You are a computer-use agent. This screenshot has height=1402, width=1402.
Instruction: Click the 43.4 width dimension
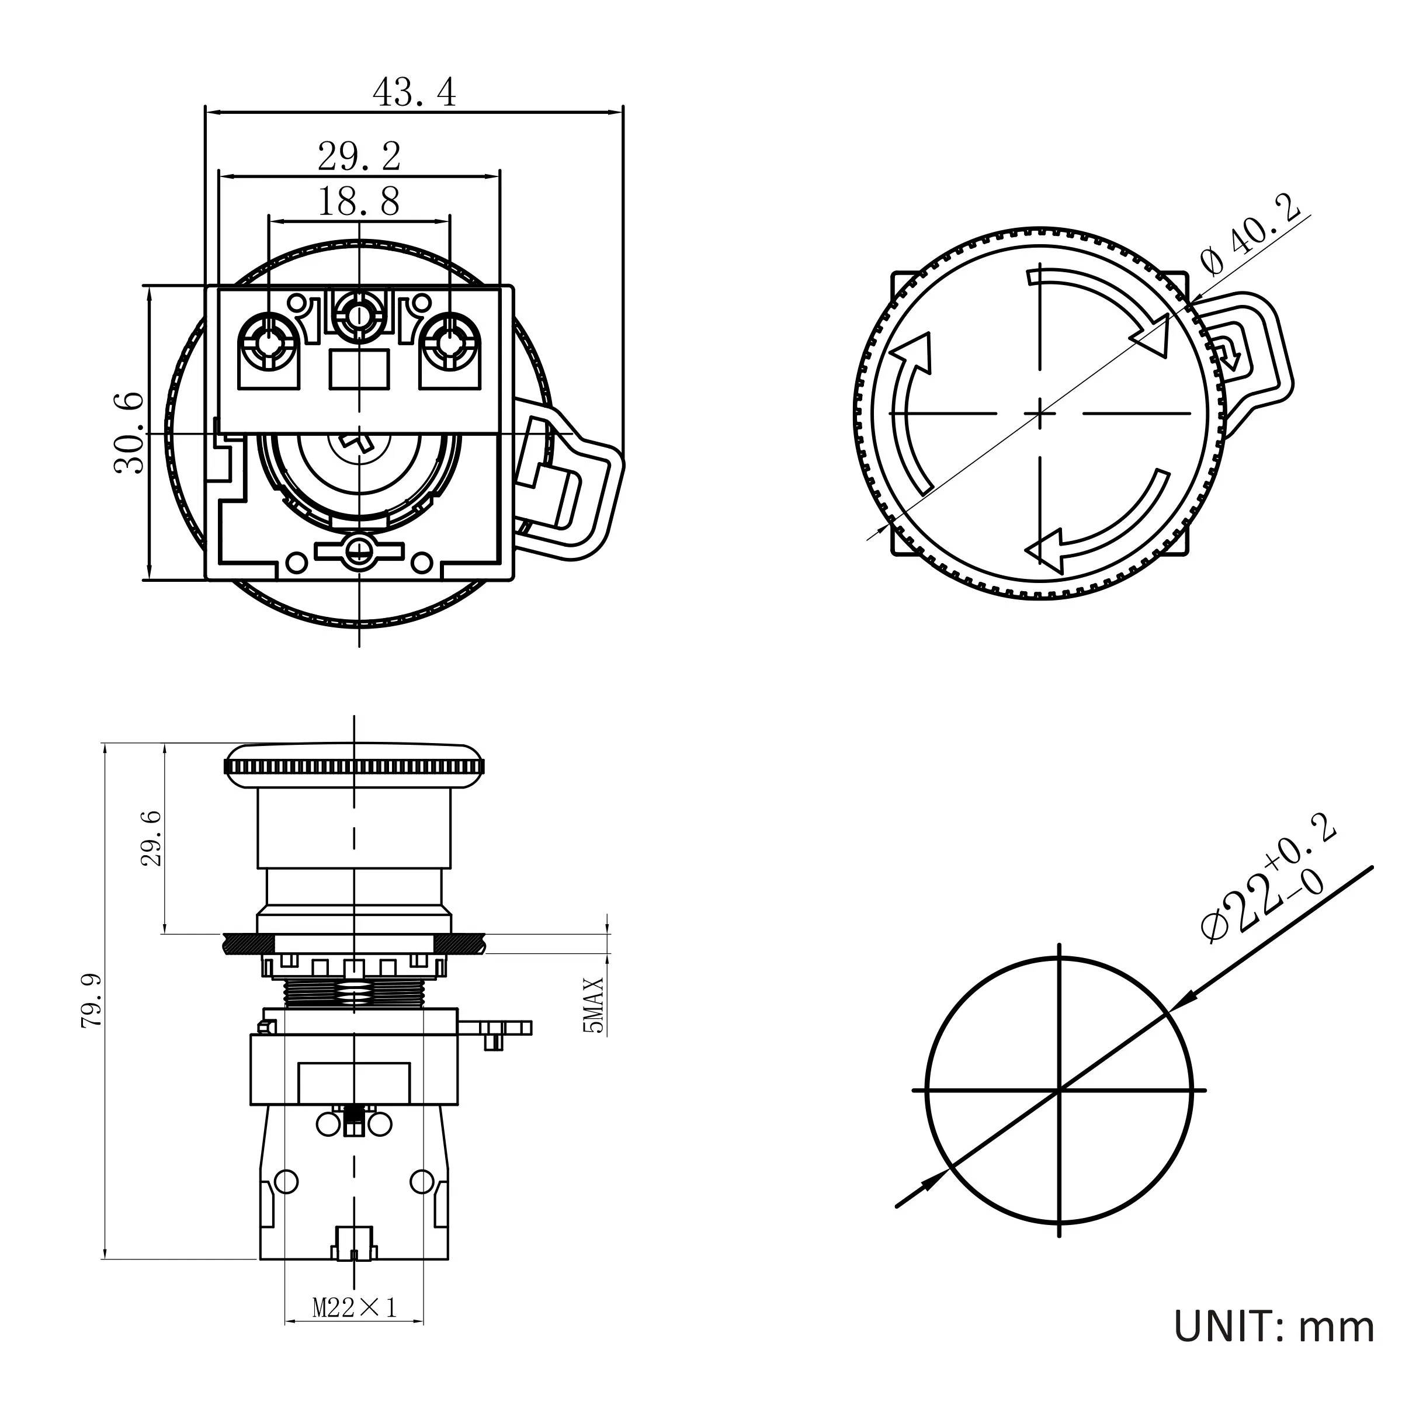(x=414, y=93)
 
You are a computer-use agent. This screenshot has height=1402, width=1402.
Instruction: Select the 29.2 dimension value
(x=359, y=157)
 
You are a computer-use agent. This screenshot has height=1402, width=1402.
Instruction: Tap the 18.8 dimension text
(x=359, y=202)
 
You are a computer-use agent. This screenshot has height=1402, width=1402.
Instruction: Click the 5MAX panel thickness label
(x=593, y=1005)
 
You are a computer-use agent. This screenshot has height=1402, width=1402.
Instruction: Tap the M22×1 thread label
(x=355, y=1308)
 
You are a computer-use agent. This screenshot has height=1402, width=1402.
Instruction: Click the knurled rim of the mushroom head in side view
(x=353, y=766)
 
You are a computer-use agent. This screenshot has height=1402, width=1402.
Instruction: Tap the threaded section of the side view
(x=353, y=991)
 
